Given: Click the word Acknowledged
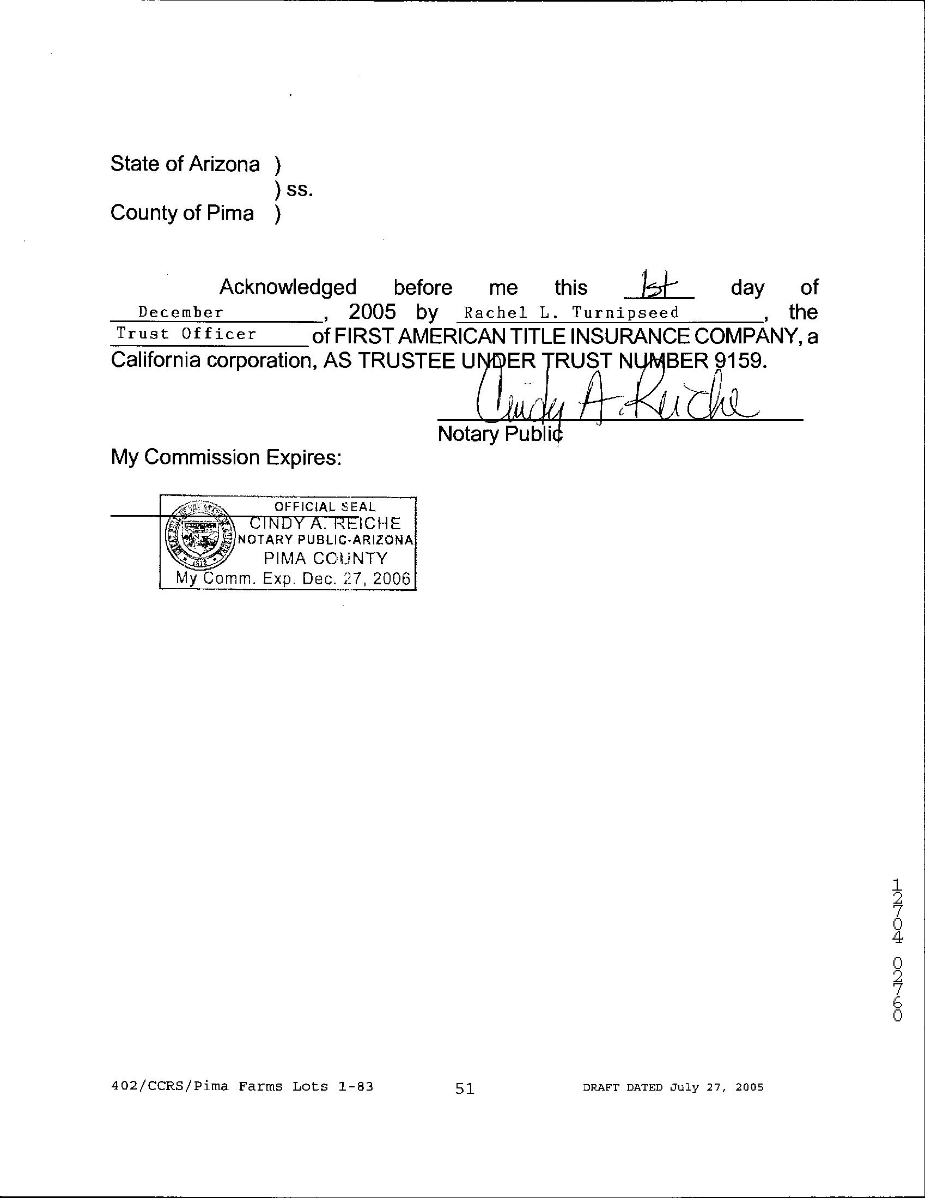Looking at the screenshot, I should pyautogui.click(x=288, y=287).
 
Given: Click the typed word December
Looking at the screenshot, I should pyautogui.click(x=181, y=313).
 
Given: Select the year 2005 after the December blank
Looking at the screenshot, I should pyautogui.click(x=372, y=312).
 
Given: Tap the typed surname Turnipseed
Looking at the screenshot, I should pyautogui.click(x=625, y=313).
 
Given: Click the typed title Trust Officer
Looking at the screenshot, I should pyautogui.click(x=186, y=334).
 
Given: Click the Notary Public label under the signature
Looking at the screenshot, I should pyautogui.click(x=500, y=434).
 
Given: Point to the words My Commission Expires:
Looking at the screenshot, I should pyautogui.click(x=226, y=457).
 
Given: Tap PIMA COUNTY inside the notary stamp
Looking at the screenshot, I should pyautogui.click(x=325, y=559).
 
